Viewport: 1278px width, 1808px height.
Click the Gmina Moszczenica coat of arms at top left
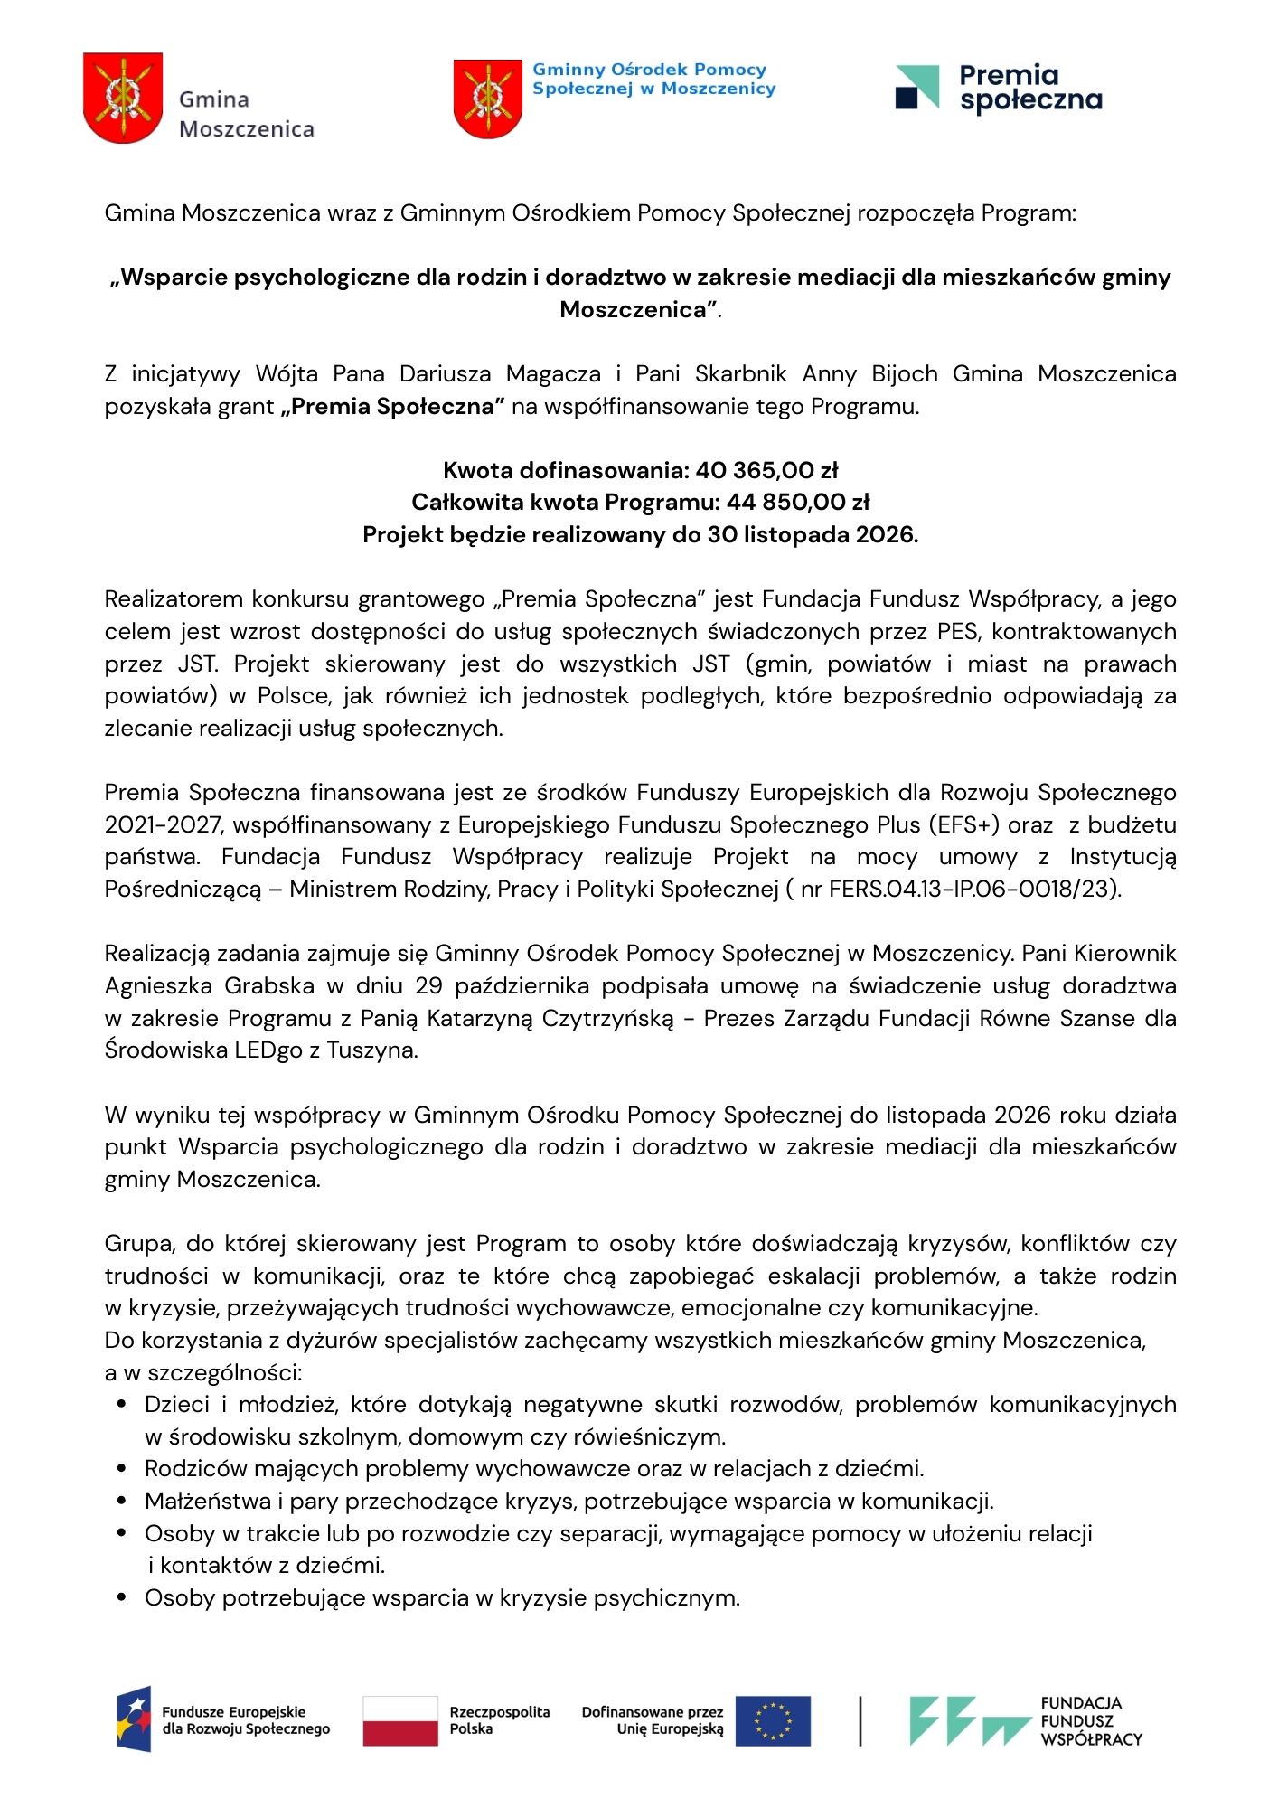(123, 98)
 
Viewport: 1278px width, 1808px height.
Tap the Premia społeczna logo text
(1030, 88)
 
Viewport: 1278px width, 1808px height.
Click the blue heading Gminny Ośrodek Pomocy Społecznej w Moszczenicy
(653, 79)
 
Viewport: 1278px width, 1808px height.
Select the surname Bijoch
(905, 373)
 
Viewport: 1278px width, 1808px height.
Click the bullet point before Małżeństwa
(122, 1501)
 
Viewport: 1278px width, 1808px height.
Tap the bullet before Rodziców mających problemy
(122, 1468)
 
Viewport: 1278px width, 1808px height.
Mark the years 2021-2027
(154, 824)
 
